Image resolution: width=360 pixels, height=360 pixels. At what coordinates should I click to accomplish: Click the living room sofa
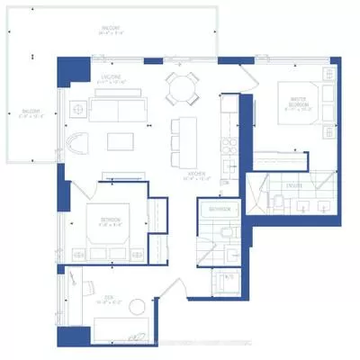click(121, 111)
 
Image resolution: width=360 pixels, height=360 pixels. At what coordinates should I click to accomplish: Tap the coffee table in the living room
click(120, 141)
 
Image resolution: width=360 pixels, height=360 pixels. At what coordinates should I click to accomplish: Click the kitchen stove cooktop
click(228, 135)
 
